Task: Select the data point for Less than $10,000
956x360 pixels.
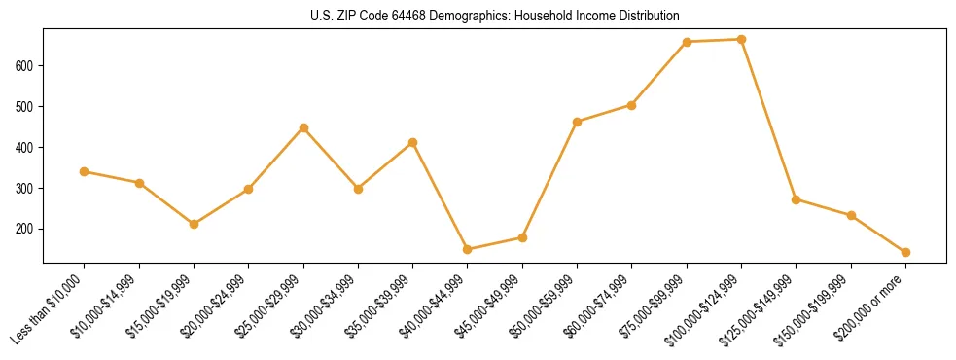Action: tap(85, 171)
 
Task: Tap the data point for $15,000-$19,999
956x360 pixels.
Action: tap(195, 224)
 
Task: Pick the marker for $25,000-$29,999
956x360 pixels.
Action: tap(303, 127)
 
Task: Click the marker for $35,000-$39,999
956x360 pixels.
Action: tap(413, 142)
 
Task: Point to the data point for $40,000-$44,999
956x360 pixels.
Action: tap(468, 249)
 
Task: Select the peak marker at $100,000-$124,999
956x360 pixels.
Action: tap(742, 39)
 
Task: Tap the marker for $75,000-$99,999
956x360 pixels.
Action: tap(687, 42)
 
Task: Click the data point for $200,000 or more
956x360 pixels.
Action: tap(905, 252)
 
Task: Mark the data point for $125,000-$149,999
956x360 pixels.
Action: tap(797, 199)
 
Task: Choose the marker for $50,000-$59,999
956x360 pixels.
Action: tap(578, 122)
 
